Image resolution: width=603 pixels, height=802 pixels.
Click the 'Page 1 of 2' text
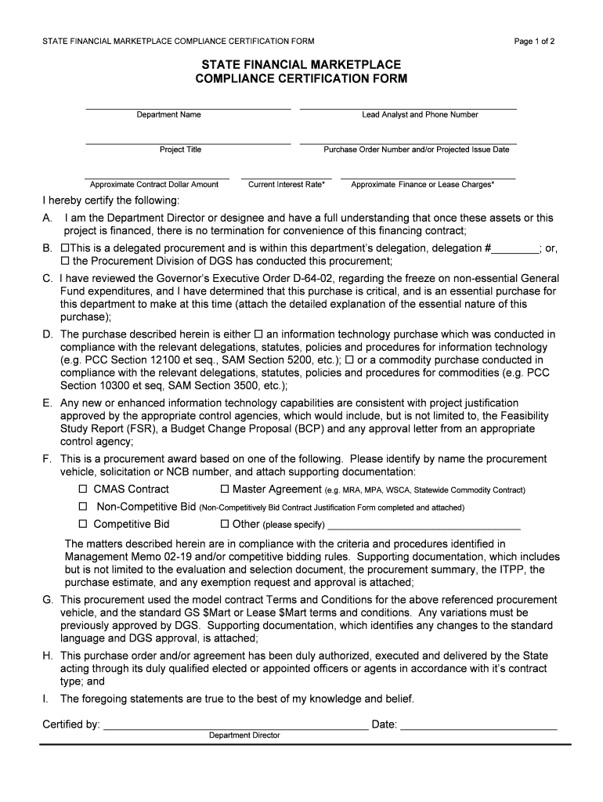(535, 42)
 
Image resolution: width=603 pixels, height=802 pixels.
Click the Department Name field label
(169, 114)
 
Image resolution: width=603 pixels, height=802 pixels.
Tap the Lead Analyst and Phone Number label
(420, 114)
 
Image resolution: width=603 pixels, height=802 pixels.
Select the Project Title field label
(181, 150)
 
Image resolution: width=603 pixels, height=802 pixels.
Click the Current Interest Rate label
(287, 185)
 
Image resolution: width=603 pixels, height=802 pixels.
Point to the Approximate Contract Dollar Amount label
(154, 185)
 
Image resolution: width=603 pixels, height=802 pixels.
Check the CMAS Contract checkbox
(83, 490)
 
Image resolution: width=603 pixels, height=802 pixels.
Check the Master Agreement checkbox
(225, 490)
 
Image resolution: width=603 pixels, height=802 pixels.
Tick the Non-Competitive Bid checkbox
(83, 507)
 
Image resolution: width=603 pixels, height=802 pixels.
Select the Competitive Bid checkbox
(83, 524)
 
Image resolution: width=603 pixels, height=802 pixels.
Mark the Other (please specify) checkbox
(225, 524)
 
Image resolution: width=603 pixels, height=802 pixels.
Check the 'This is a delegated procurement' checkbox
(65, 248)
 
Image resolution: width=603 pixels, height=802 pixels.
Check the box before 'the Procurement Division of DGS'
(65, 262)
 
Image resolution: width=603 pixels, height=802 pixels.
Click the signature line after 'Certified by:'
(235, 725)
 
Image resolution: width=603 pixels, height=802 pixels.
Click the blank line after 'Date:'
(478, 725)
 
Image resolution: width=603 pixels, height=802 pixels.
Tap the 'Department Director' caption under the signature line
(244, 735)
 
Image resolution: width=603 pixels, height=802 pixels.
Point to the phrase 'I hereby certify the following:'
(110, 201)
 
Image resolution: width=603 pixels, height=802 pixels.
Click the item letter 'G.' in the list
(48, 599)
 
